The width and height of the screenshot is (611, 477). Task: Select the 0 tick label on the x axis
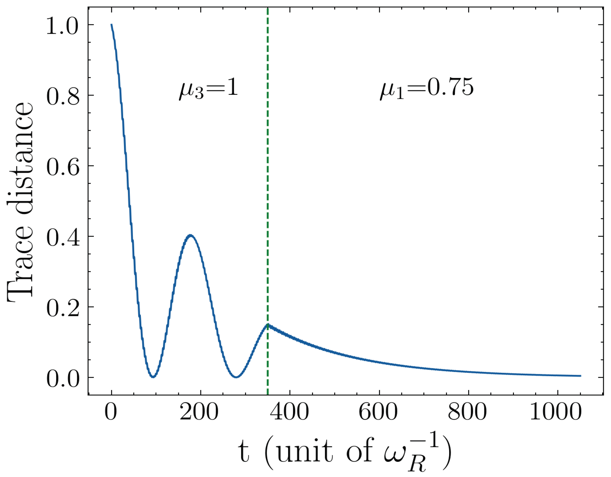(111, 412)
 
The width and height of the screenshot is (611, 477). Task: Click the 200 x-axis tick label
(199, 412)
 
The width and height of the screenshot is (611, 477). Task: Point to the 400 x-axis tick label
(289, 412)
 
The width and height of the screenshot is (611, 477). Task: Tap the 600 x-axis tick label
(378, 412)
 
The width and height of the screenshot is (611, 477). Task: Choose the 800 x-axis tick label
(467, 412)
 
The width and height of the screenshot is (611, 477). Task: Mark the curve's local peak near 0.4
(190, 235)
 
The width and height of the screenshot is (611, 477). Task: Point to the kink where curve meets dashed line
(268, 325)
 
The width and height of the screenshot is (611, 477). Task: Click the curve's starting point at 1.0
(111, 25)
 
